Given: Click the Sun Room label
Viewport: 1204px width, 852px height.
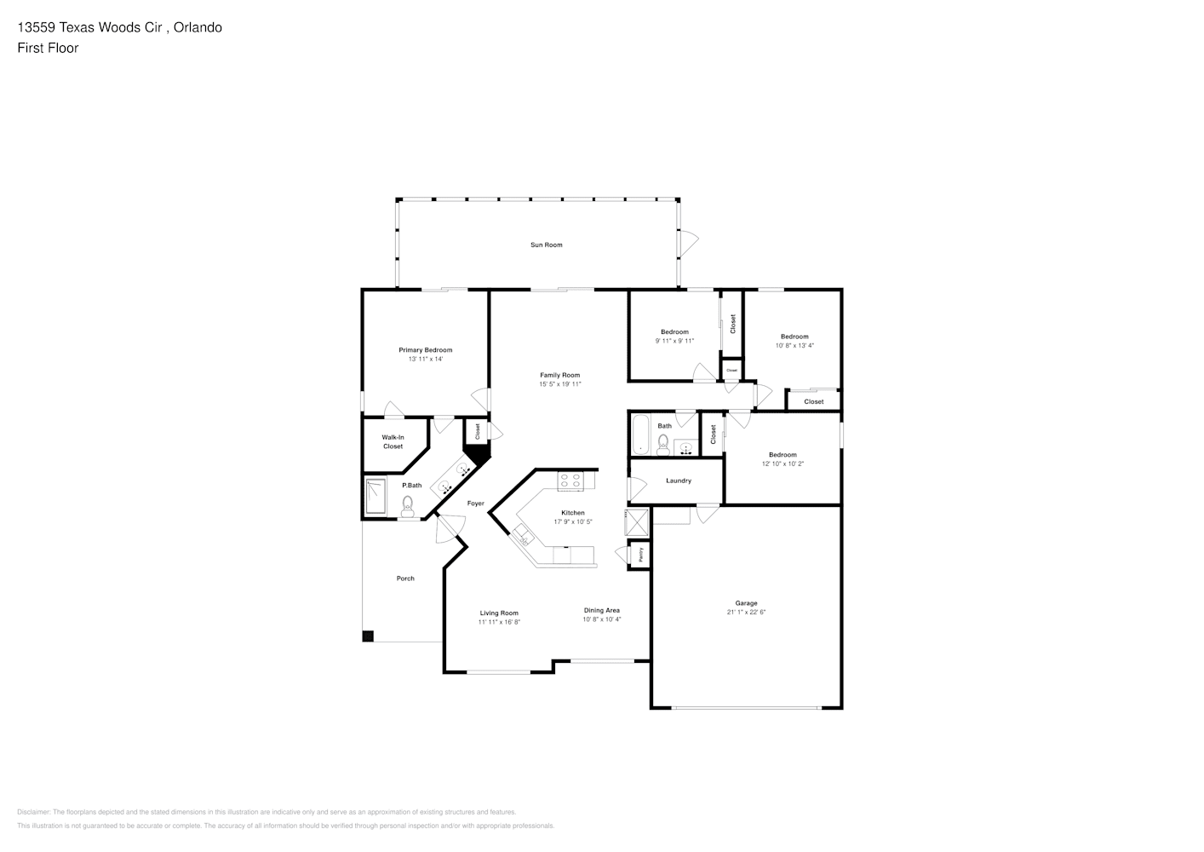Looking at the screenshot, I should tap(546, 245).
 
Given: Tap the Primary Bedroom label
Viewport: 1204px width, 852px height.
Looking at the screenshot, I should tap(425, 350).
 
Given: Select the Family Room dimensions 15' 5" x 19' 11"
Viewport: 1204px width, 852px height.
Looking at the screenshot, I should tap(559, 384).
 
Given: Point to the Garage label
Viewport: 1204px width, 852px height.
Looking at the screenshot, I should tap(746, 603).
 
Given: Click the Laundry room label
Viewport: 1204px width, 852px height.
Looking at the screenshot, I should tap(678, 481).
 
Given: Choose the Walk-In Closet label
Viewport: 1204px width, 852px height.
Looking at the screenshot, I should tap(393, 442).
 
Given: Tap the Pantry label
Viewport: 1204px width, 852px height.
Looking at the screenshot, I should tap(639, 555).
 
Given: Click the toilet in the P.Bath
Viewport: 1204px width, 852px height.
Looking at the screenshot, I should tap(409, 506).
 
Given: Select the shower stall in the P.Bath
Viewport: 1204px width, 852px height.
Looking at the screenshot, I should tap(376, 497).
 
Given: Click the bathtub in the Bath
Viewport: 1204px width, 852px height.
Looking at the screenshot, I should tap(640, 435).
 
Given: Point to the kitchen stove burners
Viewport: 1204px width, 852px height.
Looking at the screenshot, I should tap(570, 481).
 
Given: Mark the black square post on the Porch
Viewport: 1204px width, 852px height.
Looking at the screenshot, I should tap(368, 636).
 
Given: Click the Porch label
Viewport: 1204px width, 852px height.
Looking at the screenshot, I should tap(405, 579).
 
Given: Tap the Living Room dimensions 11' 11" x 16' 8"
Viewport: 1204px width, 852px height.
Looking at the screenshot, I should tap(498, 623).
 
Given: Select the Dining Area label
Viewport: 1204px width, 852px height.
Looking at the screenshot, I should tap(601, 610).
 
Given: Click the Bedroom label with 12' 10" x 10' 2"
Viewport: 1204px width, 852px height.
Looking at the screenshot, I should tap(782, 455).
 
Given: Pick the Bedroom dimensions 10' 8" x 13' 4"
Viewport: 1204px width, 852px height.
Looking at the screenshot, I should tap(794, 346).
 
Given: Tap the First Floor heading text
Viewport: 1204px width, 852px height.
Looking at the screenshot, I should tap(48, 48).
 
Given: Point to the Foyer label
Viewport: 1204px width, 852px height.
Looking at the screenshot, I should tap(475, 504).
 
